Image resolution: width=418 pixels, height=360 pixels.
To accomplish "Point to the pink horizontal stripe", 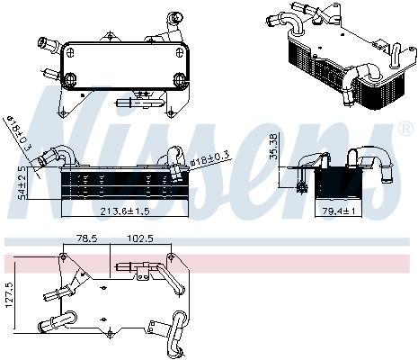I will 209,263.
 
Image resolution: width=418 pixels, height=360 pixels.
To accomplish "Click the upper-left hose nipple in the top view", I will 45,42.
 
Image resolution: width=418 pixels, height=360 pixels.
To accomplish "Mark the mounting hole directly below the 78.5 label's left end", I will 61,249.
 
